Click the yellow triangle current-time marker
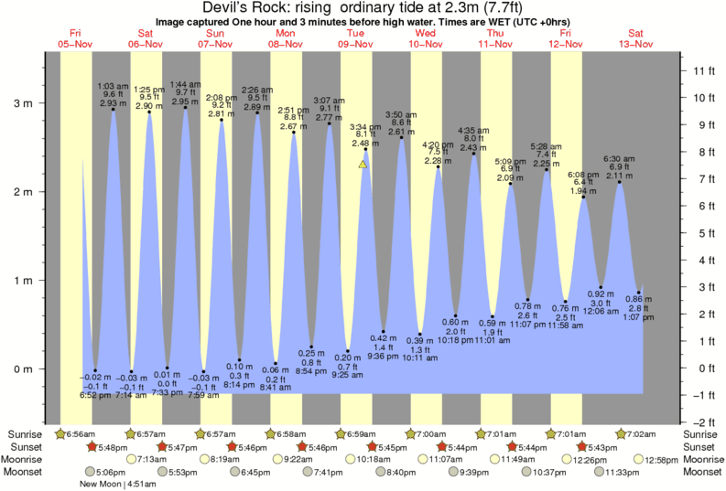point(363,165)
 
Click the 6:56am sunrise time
point(80,433)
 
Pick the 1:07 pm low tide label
point(638,317)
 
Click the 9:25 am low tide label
point(347,375)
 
